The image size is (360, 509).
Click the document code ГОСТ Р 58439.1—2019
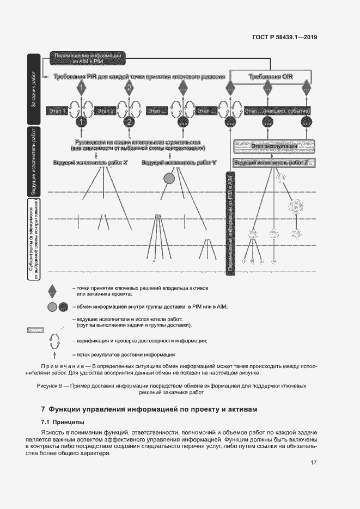point(292,38)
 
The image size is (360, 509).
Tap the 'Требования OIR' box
point(271,77)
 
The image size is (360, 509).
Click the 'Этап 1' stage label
point(57,111)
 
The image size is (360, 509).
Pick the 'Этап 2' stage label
point(105,111)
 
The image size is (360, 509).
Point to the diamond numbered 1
point(81,88)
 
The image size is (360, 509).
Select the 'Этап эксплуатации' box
point(274,146)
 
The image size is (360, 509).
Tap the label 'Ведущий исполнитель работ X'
point(90,162)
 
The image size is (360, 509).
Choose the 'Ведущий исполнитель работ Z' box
point(274,162)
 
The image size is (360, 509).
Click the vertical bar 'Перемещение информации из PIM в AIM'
point(230,223)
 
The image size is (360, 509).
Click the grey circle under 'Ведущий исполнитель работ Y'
point(169,178)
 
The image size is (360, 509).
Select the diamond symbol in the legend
point(52,290)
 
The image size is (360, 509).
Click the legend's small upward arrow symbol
point(52,355)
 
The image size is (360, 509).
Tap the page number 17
point(314,463)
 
